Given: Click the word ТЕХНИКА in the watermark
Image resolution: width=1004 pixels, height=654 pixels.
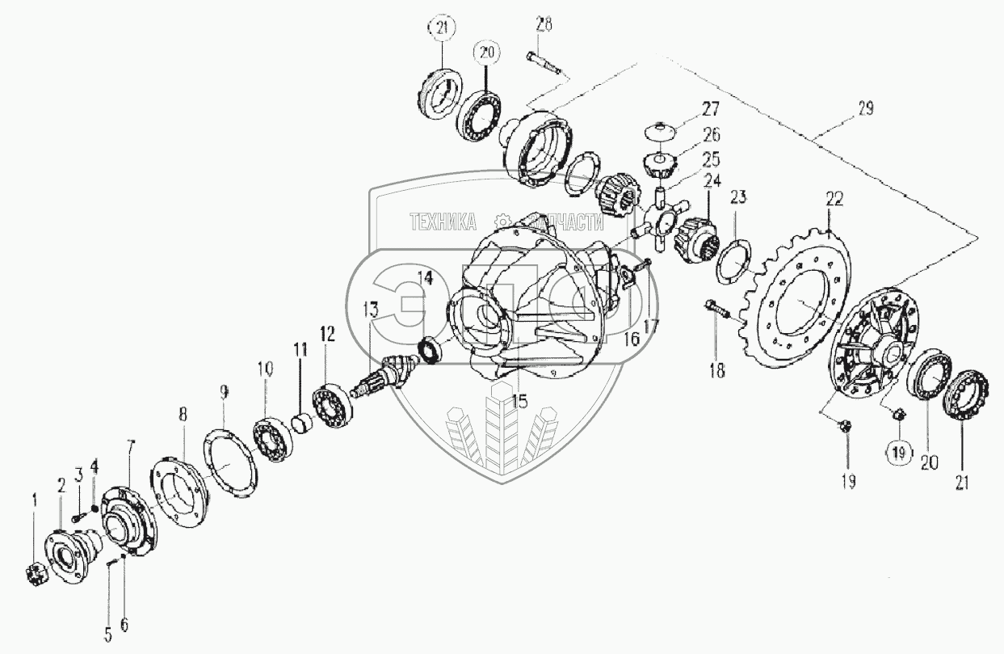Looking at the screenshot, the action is [443, 222].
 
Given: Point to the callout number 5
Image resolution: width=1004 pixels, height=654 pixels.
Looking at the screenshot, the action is [108, 635].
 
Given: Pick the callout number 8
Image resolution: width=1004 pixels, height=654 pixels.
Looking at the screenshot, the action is [183, 414].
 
